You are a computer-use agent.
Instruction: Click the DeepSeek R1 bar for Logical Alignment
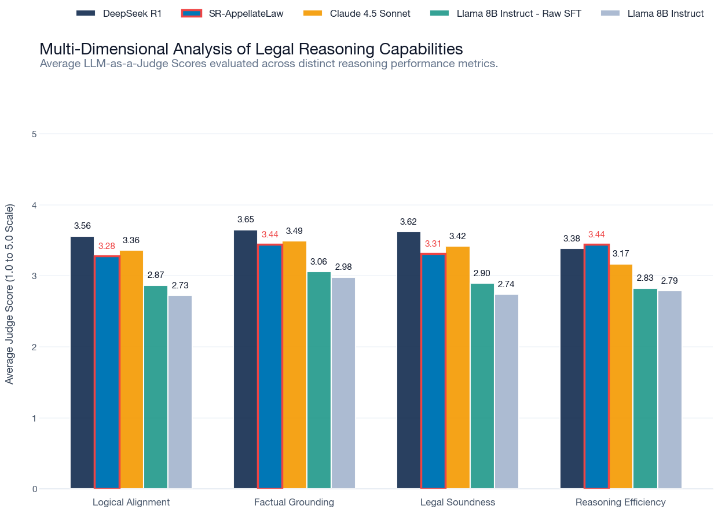click(82, 362)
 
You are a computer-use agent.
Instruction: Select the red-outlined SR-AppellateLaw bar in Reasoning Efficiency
click(596, 367)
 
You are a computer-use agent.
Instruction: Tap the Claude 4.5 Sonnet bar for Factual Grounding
click(294, 365)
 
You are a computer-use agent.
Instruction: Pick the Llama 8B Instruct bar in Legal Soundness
click(507, 391)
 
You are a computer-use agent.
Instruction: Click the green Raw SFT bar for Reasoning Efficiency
click(645, 389)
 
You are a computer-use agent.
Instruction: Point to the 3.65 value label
click(246, 219)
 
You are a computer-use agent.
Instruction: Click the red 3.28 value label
click(107, 246)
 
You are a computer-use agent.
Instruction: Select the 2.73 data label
click(180, 285)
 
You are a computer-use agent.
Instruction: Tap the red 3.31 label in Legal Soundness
click(433, 244)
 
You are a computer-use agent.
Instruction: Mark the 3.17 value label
click(621, 254)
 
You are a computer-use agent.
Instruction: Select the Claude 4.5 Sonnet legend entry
click(357, 13)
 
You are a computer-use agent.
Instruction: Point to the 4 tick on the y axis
click(34, 205)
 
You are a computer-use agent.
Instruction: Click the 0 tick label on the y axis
click(34, 489)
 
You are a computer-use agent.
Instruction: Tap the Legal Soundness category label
click(457, 502)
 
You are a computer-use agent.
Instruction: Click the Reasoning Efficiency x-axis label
click(621, 502)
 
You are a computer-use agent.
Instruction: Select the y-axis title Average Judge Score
click(9, 294)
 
